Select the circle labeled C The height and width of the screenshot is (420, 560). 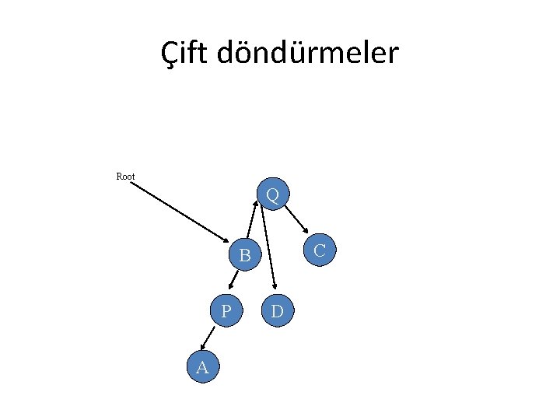319,250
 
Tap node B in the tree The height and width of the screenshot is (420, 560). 245,254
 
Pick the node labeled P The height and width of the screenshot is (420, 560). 226,311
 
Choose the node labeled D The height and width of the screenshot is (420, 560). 278,311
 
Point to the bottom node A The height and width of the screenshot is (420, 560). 203,367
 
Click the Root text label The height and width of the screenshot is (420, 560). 125,177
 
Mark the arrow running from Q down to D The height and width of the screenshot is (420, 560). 268,249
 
